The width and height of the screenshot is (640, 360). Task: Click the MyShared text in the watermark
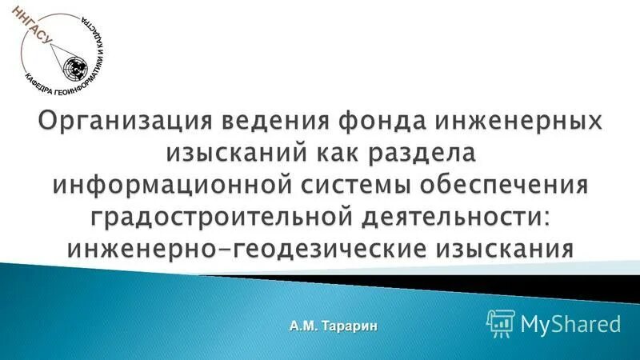pos(570,323)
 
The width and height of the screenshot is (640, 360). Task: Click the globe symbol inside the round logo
pos(77,64)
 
